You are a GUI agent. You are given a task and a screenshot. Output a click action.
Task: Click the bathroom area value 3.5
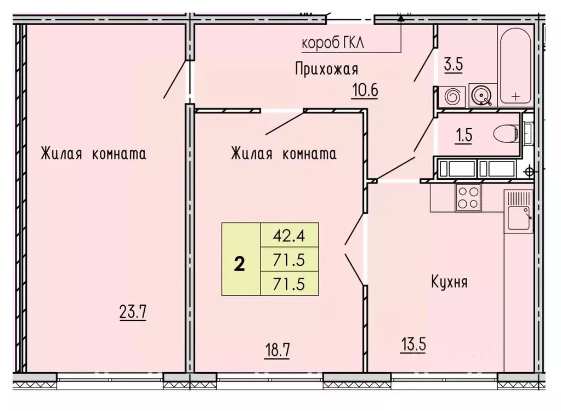click(x=453, y=64)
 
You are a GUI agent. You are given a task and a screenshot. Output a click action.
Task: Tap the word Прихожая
click(x=326, y=69)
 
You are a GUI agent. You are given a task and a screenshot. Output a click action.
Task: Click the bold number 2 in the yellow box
click(x=240, y=264)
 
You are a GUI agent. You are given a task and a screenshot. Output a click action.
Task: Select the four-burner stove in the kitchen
click(x=468, y=198)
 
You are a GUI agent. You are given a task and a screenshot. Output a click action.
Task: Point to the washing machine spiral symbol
click(x=454, y=97)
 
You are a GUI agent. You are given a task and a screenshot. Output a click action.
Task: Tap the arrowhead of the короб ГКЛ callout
click(x=402, y=19)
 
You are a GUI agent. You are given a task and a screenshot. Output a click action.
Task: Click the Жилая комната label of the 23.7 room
click(x=93, y=154)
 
